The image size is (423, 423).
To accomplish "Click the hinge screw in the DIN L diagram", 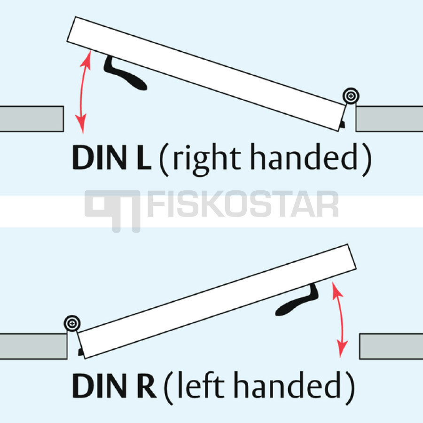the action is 351,95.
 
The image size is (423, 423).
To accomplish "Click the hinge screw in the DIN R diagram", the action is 72,323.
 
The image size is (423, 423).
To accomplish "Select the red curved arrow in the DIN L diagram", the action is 81,92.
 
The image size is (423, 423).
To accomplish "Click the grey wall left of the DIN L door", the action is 31,119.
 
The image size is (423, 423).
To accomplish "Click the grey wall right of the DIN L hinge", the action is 389,119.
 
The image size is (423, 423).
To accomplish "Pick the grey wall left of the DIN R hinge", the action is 33,346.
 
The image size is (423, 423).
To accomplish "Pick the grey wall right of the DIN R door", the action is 391,346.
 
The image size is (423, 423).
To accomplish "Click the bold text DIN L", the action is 111,157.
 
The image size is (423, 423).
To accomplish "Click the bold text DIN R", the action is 114,385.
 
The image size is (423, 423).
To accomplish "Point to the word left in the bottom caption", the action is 201,384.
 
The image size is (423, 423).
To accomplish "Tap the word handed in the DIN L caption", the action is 304,157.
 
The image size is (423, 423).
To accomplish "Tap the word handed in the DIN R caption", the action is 287,384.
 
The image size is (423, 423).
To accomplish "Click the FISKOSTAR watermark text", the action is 243,204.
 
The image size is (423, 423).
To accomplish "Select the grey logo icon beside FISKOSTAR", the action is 112,211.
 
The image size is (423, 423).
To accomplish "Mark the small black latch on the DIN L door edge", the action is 343,125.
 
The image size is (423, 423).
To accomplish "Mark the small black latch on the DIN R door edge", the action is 80,352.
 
